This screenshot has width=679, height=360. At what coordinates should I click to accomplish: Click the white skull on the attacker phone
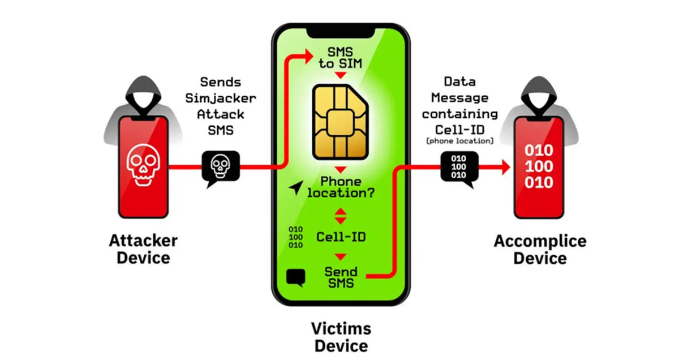tap(143, 165)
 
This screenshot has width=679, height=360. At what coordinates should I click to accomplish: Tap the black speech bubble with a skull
tap(221, 168)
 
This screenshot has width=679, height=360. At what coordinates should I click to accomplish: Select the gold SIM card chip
tap(341, 122)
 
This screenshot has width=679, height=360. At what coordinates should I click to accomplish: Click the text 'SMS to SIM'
tap(340, 58)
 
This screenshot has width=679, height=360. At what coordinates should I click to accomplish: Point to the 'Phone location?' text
tap(341, 187)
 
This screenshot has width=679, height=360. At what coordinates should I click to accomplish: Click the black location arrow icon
tap(296, 188)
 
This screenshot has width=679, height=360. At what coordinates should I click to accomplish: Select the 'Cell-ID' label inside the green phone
tap(341, 237)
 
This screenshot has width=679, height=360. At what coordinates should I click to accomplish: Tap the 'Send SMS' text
tap(341, 277)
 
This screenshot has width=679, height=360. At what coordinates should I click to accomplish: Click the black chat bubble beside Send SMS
tap(295, 277)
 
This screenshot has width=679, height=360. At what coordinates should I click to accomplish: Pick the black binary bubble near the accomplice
tap(459, 168)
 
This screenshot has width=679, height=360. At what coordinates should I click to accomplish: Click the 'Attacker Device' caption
tap(143, 249)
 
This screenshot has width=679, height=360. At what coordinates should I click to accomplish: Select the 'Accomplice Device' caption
tap(540, 250)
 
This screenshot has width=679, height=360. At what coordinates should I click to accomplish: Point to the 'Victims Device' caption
tap(341, 337)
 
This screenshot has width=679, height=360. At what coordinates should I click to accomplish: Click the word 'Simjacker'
tap(221, 98)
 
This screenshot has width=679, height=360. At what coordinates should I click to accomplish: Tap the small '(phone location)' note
tap(460, 141)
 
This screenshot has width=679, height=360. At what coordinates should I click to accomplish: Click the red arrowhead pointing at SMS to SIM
tap(309, 56)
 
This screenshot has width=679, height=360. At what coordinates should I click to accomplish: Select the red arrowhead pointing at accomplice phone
tap(506, 167)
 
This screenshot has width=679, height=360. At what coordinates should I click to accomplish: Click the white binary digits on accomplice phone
tap(539, 166)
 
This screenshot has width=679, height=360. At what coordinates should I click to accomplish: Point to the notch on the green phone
tap(341, 33)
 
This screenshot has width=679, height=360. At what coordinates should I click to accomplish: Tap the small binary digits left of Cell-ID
tap(295, 237)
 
